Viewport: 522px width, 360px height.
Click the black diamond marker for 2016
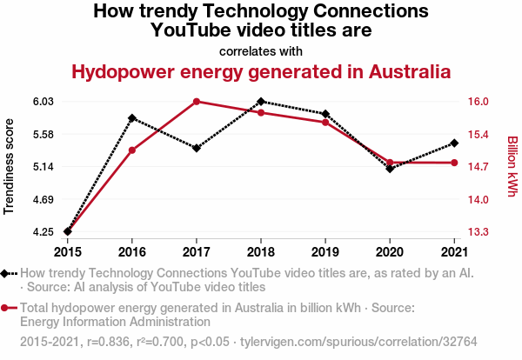pyautogui.click(x=132, y=117)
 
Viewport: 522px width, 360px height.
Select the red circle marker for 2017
pyautogui.click(x=197, y=102)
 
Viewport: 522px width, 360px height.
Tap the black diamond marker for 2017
pyautogui.click(x=197, y=148)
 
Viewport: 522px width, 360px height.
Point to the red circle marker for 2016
pyautogui.click(x=132, y=150)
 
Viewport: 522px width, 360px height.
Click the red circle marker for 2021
pyautogui.click(x=454, y=163)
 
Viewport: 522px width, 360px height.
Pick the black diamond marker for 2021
pyautogui.click(x=454, y=143)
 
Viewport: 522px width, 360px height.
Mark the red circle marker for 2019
pyautogui.click(x=325, y=123)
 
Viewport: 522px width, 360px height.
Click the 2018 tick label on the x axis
pyautogui.click(x=261, y=252)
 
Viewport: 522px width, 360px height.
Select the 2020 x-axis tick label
pyautogui.click(x=390, y=252)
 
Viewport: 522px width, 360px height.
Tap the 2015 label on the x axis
pyautogui.click(x=68, y=252)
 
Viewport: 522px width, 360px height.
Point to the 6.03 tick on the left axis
pyautogui.click(x=43, y=102)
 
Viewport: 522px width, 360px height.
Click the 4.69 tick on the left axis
pyautogui.click(x=43, y=200)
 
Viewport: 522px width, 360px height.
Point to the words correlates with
pyautogui.click(x=261, y=50)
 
